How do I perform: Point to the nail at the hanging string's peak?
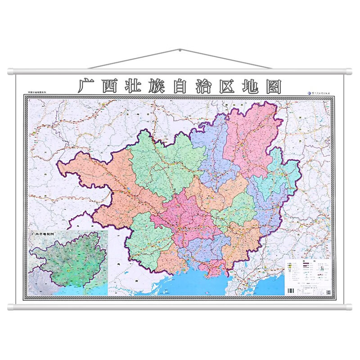click(180, 49)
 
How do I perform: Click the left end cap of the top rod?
click(10, 71)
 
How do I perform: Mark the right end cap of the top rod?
click(350, 71)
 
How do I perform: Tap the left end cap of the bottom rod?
click(10, 307)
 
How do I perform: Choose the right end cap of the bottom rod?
click(350, 307)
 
